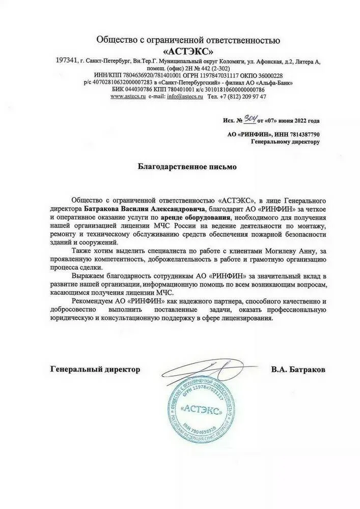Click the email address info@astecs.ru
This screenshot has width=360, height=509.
(x=185, y=96)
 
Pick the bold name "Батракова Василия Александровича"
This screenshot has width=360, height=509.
(x=145, y=208)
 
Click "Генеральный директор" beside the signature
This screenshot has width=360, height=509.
(x=95, y=369)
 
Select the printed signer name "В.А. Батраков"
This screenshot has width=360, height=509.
(x=298, y=369)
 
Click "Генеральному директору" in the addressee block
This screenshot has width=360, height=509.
(x=286, y=142)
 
